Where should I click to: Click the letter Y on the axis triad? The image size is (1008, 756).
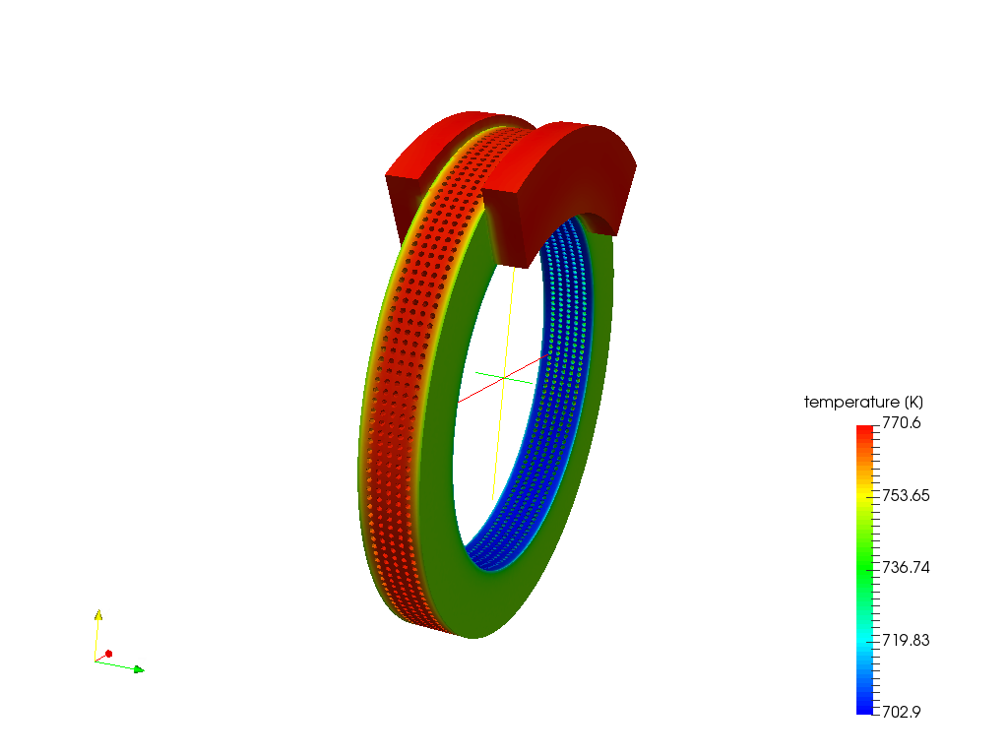pyautogui.click(x=105, y=614)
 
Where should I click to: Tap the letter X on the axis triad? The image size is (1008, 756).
pyautogui.click(x=115, y=649)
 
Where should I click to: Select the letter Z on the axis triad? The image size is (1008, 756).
pyautogui.click(x=142, y=663)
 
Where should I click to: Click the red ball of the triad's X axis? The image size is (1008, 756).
pyautogui.click(x=108, y=654)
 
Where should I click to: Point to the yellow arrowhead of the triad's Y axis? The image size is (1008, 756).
pyautogui.click(x=97, y=615)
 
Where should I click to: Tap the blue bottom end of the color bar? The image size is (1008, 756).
pyautogui.click(x=864, y=708)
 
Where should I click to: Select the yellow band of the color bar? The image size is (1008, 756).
pyautogui.click(x=864, y=492)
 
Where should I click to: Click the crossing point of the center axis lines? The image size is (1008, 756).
pyautogui.click(x=503, y=377)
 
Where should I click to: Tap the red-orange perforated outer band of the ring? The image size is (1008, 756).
pyautogui.click(x=404, y=394)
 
